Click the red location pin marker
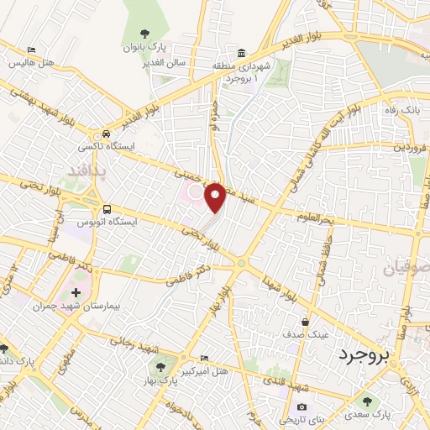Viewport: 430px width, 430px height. tap(216, 197)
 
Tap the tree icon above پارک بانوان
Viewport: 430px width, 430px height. tap(145, 34)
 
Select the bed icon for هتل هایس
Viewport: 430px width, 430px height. tap(32, 50)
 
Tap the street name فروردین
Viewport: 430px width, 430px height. tap(406, 144)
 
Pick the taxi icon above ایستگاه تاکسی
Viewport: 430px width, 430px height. tap(106, 134)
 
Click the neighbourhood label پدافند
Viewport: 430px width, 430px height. tap(84, 172)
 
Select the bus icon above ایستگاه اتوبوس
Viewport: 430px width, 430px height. tap(106, 209)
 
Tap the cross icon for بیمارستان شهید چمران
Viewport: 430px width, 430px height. tap(76, 293)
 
